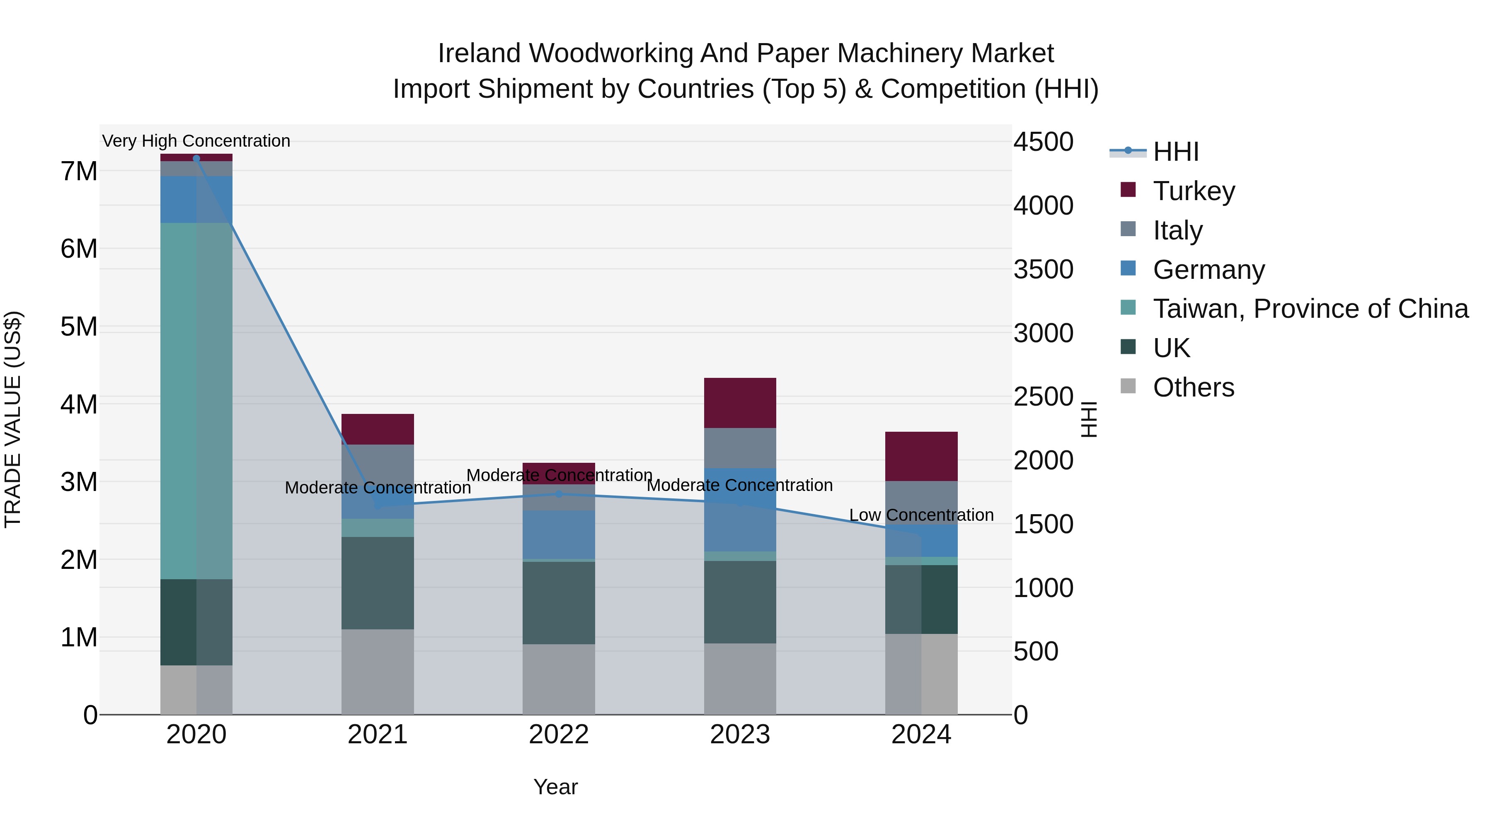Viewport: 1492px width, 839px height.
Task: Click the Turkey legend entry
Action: pyautogui.click(x=1193, y=191)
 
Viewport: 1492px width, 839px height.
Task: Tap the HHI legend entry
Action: pyautogui.click(x=1175, y=152)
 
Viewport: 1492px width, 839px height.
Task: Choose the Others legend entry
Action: pyautogui.click(x=1193, y=387)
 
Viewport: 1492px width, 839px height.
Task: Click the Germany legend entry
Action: pyautogui.click(x=1208, y=270)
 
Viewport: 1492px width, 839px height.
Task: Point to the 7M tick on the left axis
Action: pyautogui.click(x=79, y=172)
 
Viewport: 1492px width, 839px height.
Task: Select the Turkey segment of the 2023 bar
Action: pyautogui.click(x=740, y=403)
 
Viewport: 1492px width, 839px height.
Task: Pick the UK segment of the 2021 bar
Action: pyautogui.click(x=378, y=583)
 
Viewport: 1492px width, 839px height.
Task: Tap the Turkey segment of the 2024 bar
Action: pyautogui.click(x=921, y=456)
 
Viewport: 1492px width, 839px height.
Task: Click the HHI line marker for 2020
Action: pyautogui.click(x=196, y=159)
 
